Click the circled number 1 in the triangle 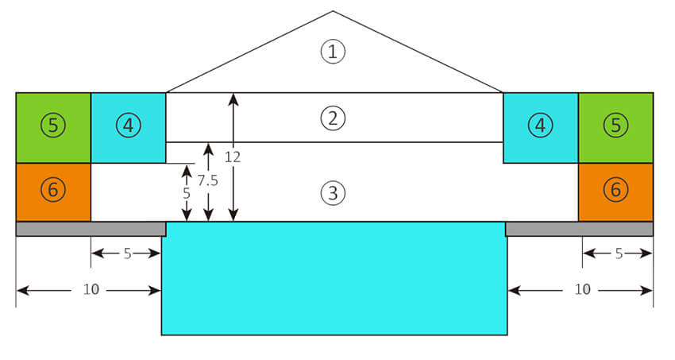tap(334, 52)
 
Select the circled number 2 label tap(334, 118)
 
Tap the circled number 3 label tap(334, 192)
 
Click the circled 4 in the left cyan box tap(128, 125)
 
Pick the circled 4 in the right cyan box tap(541, 125)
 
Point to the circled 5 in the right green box tap(615, 125)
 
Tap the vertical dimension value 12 tap(232, 157)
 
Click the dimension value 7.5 tap(207, 180)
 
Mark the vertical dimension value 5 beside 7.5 tap(186, 192)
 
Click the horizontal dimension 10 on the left tap(91, 290)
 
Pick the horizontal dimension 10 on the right tap(582, 290)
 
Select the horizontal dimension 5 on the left tap(127, 254)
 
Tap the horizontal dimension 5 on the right tap(618, 254)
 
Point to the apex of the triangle tap(333, 12)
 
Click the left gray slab tap(91, 229)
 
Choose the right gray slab tap(579, 229)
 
